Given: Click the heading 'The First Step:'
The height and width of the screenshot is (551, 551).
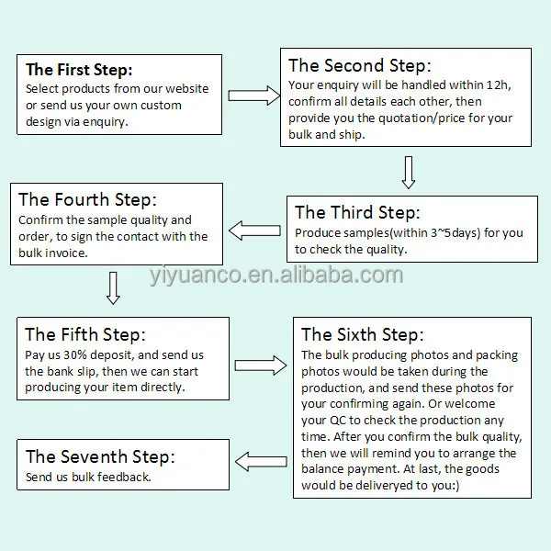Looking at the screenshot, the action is (x=79, y=70).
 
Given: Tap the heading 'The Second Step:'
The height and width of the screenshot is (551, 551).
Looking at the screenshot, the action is (x=360, y=65).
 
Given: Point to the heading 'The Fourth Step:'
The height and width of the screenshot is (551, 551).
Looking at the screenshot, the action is (x=87, y=199).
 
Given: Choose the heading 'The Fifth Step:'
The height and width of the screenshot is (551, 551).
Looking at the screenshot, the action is (x=85, y=334).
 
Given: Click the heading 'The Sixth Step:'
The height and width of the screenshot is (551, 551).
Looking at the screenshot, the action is (x=363, y=334).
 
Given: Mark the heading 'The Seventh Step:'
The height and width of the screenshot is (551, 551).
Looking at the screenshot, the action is (x=100, y=455).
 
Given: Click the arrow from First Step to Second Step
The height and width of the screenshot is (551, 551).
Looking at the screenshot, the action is (x=253, y=95).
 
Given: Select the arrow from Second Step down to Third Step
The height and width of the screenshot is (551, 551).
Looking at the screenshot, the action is (x=409, y=172).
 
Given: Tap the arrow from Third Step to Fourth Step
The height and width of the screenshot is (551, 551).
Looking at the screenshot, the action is (x=254, y=229).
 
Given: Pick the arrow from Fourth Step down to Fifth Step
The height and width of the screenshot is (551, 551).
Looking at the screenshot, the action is (x=113, y=287).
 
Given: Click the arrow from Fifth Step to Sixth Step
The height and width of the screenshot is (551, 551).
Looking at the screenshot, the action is (x=261, y=365).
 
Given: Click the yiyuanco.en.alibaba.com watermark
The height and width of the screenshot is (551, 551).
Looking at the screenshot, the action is (x=275, y=275).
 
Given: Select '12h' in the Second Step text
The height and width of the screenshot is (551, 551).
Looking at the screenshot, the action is (x=500, y=85).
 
